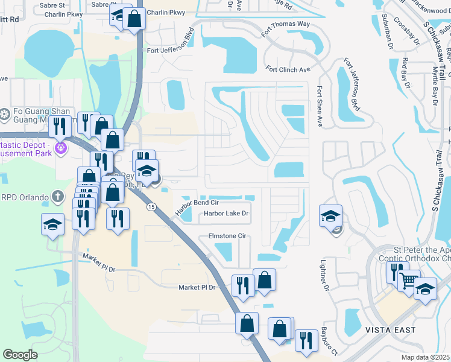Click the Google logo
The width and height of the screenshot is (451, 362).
(20, 354)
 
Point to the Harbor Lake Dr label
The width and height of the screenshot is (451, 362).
(226, 213)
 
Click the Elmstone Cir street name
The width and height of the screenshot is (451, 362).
(227, 236)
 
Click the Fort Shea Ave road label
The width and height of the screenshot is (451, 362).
(318, 106)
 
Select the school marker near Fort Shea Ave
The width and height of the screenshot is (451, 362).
(331, 216)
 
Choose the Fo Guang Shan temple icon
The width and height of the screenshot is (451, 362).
(5, 114)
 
